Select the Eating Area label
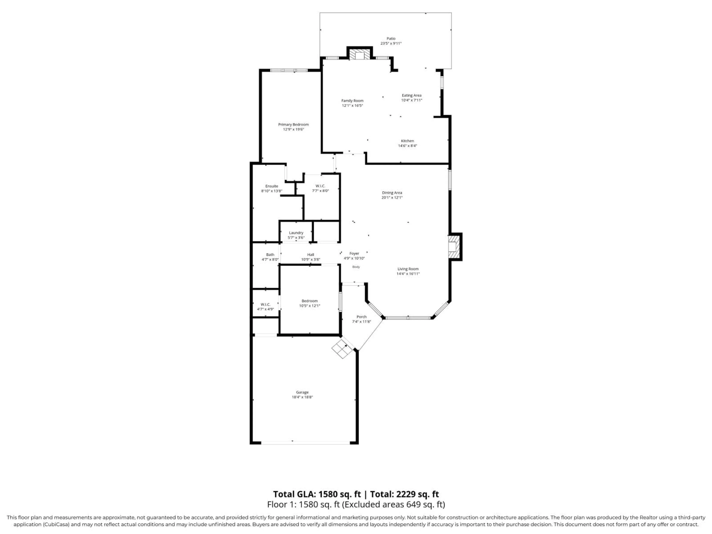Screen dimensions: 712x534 pos(411,95)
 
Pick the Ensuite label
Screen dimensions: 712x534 pos(272,186)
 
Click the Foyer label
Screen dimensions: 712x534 pos(354,253)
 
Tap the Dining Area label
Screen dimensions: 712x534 pos(392,193)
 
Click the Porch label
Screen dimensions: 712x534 pos(362,317)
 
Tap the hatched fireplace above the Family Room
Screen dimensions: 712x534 pos(360,54)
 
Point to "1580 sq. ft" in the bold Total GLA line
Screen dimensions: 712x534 pos(339,494)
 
